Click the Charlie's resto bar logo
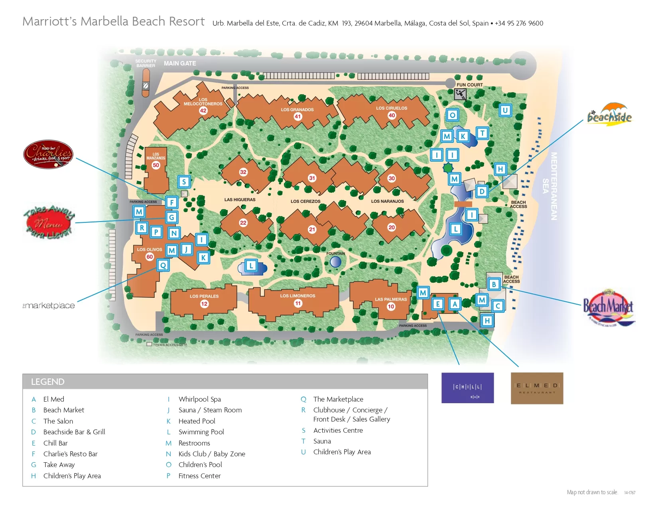pos(48,154)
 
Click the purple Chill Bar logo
pos(467,388)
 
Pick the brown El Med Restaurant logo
pos(537,388)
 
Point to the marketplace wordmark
pos(49,305)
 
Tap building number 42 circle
pos(203,111)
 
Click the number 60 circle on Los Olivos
pos(150,257)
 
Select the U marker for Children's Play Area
pos(505,111)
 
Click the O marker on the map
pos(452,115)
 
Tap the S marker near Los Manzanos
pos(184,182)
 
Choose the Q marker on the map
pos(163,265)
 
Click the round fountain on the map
pos(336,262)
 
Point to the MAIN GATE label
pos(180,63)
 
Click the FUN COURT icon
pos(460,95)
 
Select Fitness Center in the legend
pos(199,475)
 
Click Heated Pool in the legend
pos(197,421)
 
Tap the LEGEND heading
pos(47,382)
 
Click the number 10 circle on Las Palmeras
pos(391,307)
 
